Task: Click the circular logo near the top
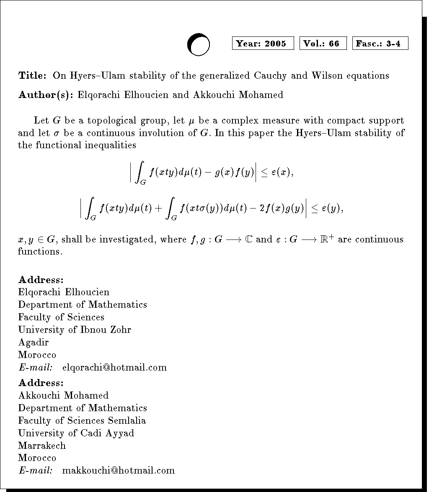198,44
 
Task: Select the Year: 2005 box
263,44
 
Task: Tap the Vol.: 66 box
323,44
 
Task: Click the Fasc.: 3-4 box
380,44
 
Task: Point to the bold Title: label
32,76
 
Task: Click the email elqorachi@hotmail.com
114,368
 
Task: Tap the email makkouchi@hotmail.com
118,470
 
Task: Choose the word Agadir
34,343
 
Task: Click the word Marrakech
42,446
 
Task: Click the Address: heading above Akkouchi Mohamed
41,383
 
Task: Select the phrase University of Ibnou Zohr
75,330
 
